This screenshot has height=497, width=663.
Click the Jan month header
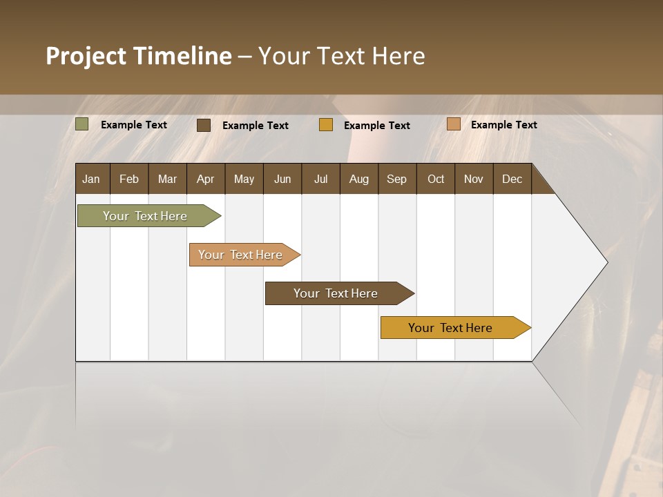92,179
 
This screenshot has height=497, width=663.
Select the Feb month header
129,179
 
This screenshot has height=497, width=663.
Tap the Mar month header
167,179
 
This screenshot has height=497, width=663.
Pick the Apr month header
206,179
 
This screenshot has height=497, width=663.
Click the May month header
244,179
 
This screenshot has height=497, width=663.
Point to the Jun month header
282,179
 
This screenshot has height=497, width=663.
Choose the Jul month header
320,179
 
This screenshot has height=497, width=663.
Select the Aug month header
359,179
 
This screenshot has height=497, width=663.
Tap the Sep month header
397,179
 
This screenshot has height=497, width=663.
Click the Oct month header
436,179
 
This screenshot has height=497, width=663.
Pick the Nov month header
474,179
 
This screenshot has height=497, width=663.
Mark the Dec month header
512,179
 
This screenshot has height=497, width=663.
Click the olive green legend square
82,124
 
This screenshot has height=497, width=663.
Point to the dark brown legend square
204,125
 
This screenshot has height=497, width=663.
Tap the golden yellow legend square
326,125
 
